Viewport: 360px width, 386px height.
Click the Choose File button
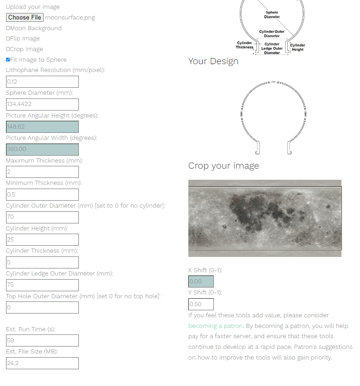(25, 18)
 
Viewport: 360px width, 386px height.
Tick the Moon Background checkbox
(8, 28)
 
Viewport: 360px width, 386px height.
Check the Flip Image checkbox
(8, 39)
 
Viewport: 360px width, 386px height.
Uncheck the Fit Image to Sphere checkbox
(8, 60)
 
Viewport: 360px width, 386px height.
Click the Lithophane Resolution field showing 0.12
(42, 82)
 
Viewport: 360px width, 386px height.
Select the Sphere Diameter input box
(42, 105)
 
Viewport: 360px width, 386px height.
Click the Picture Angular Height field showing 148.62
(42, 127)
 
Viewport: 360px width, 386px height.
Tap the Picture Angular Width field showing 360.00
(42, 150)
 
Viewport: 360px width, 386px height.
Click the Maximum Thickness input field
(42, 172)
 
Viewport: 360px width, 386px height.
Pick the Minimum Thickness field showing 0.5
(42, 195)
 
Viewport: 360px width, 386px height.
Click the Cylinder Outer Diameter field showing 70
(42, 217)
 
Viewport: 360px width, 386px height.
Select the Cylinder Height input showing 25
(42, 240)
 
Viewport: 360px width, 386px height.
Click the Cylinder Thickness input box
(42, 262)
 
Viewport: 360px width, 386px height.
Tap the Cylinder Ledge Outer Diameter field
(42, 285)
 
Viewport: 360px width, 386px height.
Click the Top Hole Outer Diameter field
(42, 307)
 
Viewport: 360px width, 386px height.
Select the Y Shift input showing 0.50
(201, 304)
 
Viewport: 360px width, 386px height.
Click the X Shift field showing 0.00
(201, 281)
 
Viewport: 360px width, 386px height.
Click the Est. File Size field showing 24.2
(42, 363)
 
